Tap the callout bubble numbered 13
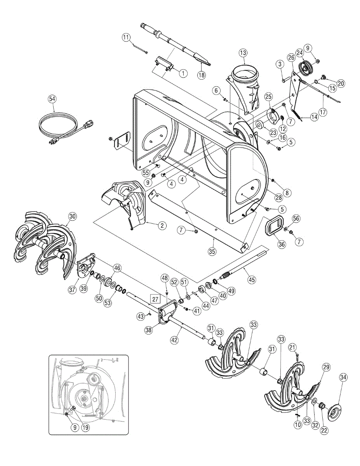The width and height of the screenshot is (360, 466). coord(243,53)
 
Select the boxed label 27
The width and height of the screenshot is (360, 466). coord(155,299)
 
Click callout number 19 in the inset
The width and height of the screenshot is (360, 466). coord(85,428)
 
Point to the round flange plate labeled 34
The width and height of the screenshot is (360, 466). coord(333,412)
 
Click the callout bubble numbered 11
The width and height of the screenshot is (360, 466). coord(125,37)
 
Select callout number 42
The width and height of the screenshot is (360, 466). coord(176,339)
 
